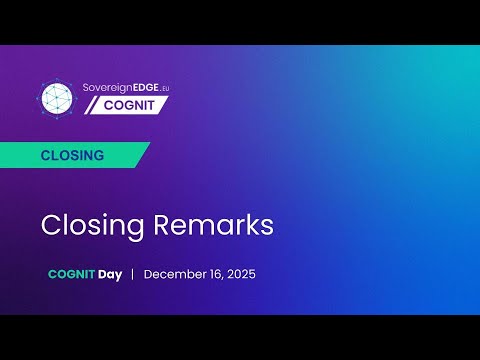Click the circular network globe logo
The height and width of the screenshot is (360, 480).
[56, 96]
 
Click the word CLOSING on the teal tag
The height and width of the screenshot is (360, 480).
[72, 156]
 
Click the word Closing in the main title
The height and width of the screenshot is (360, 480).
[94, 225]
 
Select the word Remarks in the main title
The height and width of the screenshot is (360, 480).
[215, 225]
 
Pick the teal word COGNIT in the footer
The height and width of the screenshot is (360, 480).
[70, 274]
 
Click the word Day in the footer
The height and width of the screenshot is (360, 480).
[110, 274]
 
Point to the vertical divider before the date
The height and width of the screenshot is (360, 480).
[133, 274]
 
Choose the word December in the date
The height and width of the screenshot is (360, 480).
[177, 274]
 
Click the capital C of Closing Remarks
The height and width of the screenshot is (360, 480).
[51, 225]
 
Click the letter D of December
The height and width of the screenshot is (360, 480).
[149, 274]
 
